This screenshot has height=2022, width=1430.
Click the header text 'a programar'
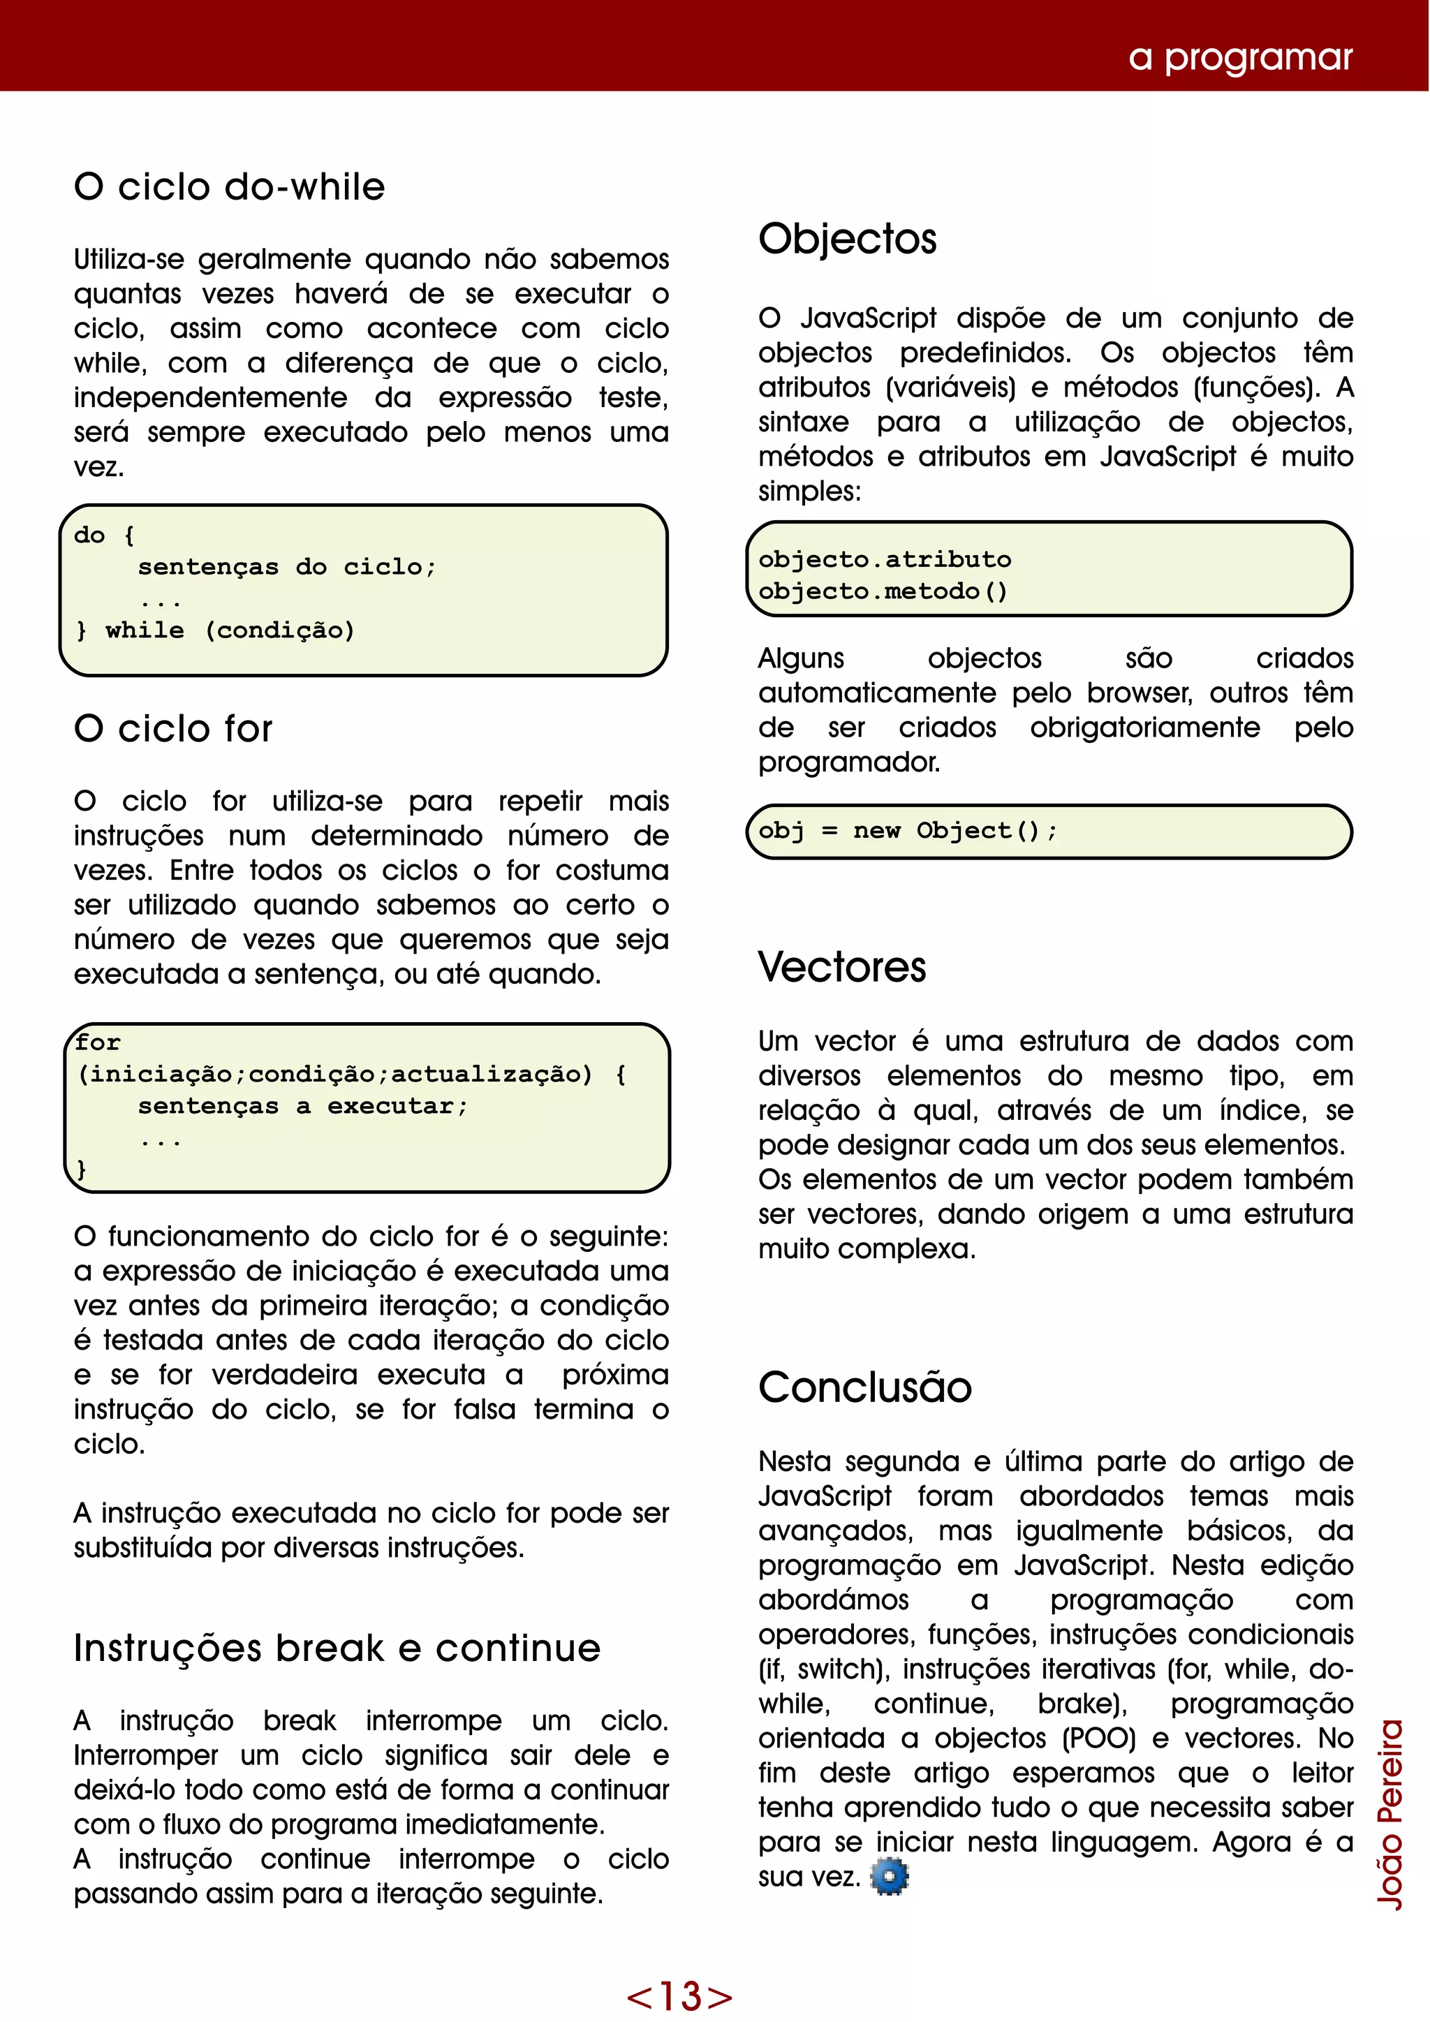(1240, 57)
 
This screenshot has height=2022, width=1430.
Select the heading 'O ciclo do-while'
(230, 188)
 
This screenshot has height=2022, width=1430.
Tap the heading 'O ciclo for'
(173, 729)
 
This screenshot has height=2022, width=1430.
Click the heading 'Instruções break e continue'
(337, 1648)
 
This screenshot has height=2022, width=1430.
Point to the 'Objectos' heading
(847, 239)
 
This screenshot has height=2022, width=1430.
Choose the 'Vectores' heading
(842, 967)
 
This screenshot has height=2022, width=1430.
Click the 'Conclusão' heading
(864, 1388)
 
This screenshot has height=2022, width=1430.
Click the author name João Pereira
(1390, 1814)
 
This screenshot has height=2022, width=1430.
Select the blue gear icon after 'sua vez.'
(890, 1877)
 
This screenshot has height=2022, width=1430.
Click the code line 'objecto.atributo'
(885, 560)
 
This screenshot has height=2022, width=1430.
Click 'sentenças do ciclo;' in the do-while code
(287, 567)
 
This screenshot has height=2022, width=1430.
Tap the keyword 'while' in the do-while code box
(145, 630)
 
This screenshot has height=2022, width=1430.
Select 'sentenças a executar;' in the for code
(303, 1107)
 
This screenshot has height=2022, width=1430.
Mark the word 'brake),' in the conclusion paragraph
(1082, 1704)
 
